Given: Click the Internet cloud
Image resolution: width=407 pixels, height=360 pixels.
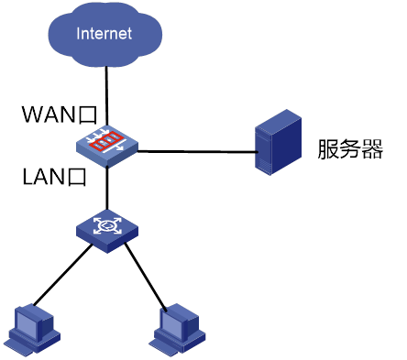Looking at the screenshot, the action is [104, 34].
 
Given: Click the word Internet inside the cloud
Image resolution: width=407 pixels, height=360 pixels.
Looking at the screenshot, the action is [104, 34].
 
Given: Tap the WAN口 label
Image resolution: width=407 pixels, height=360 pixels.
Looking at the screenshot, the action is [60, 115].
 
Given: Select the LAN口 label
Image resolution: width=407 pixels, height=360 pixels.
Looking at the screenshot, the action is [54, 177].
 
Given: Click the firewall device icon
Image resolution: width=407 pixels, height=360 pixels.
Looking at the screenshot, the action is [107, 147].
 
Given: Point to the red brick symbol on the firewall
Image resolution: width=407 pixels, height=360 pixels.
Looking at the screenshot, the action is [107, 141].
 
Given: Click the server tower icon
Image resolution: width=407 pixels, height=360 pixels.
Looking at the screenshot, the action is [278, 142].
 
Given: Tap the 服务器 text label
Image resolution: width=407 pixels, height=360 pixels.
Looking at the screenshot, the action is [350, 149].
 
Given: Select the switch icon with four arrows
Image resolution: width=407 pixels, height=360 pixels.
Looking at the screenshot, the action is [107, 231].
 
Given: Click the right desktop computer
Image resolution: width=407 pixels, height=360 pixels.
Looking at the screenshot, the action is [177, 330].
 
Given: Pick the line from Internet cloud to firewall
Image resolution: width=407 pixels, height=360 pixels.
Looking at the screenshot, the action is [106, 96].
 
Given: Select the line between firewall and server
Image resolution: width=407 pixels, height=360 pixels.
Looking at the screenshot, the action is [196, 151].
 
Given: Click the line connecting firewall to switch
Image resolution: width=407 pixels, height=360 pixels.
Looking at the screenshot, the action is [107, 189].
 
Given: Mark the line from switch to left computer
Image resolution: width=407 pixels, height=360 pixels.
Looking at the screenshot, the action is [63, 275].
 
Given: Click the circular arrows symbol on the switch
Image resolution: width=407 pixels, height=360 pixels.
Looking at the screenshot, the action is [107, 225].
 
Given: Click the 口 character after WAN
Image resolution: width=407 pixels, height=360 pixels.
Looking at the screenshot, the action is [88, 115].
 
